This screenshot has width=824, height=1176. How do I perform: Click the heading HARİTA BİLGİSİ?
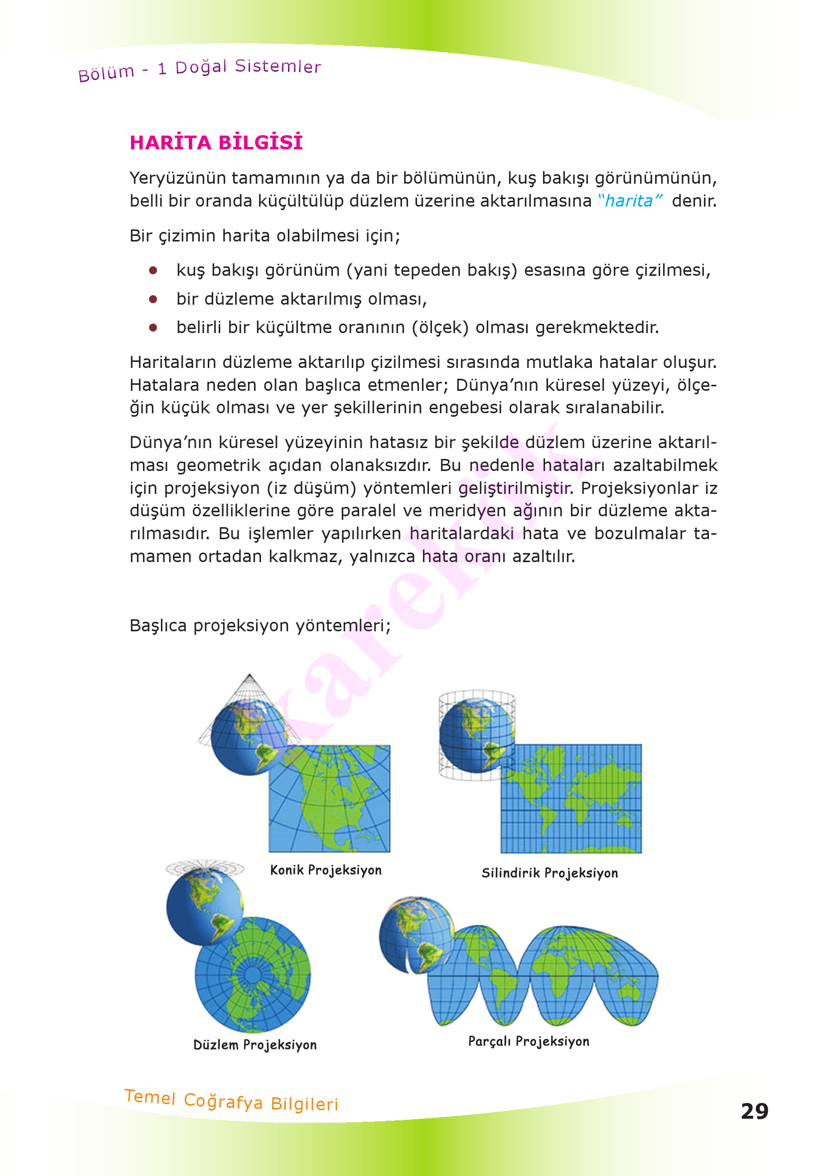[x=216, y=142]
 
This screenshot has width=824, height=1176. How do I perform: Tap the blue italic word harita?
[x=629, y=201]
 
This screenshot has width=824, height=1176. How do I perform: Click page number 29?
[x=754, y=1111]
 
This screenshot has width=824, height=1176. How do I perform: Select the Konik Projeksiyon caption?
[x=326, y=870]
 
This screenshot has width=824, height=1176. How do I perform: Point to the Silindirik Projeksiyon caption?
[x=549, y=873]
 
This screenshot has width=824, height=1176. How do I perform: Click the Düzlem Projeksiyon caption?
[x=255, y=1045]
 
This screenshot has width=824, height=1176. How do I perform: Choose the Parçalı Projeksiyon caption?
[x=529, y=1041]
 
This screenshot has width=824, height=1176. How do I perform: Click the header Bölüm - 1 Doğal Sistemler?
[x=199, y=69]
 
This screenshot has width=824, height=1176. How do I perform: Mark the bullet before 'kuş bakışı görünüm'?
[x=153, y=270]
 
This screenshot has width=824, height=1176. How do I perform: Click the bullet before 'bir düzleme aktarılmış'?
[x=153, y=299]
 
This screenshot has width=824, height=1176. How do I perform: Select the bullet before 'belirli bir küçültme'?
[x=153, y=328]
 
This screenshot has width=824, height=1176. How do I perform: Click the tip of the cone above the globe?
[x=250, y=676]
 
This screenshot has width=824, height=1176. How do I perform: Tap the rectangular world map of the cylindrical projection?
[x=571, y=799]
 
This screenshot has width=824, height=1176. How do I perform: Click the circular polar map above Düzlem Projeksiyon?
[x=253, y=974]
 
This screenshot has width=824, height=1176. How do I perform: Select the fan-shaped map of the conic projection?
[x=329, y=799]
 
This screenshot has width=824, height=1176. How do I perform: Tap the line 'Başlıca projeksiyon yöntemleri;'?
[x=261, y=626]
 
